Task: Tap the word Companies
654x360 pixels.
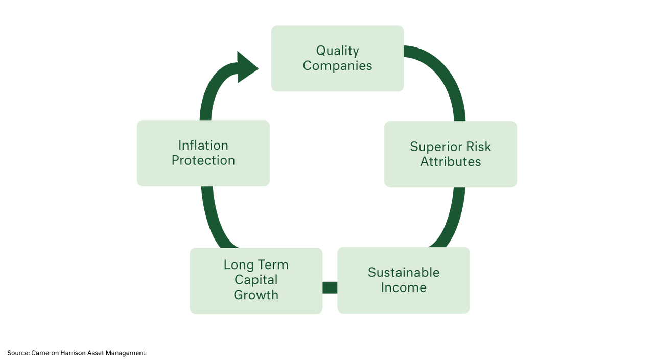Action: pyautogui.click(x=338, y=66)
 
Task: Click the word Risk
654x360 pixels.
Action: pyautogui.click(x=479, y=147)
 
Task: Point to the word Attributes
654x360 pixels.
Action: pyautogui.click(x=451, y=162)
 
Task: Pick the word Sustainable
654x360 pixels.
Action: pyautogui.click(x=404, y=273)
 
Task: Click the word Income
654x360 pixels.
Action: pyautogui.click(x=404, y=287)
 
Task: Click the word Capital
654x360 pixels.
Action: pyautogui.click(x=256, y=280)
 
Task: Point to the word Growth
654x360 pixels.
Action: pyautogui.click(x=256, y=295)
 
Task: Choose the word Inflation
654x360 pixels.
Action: pyautogui.click(x=203, y=146)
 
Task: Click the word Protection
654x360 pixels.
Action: pyautogui.click(x=203, y=160)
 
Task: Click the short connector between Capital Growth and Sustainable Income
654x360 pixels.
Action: pyautogui.click(x=330, y=287)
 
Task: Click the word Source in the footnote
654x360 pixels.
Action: pyautogui.click(x=18, y=353)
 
